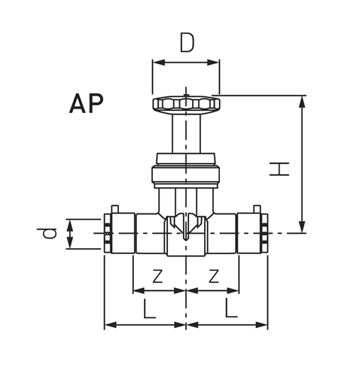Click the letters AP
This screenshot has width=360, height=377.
(x=87, y=103)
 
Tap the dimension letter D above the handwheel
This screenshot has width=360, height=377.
(x=187, y=43)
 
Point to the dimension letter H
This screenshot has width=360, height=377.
(x=279, y=167)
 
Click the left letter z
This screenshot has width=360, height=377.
(x=157, y=275)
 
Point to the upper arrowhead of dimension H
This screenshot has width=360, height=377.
(x=303, y=100)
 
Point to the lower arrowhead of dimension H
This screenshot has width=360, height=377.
(x=303, y=228)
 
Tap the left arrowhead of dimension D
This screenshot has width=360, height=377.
(x=157, y=63)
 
